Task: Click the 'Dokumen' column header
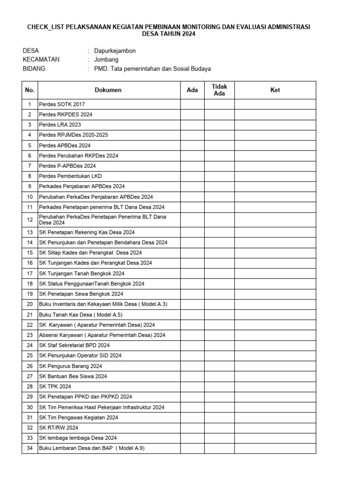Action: pyautogui.click(x=108, y=90)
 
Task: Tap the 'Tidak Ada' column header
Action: pyautogui.click(x=219, y=90)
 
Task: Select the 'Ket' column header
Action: pyautogui.click(x=275, y=90)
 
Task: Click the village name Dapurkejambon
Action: pyautogui.click(x=115, y=51)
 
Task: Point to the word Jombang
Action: pyautogui.click(x=106, y=60)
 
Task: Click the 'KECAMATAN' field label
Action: pyautogui.click(x=41, y=60)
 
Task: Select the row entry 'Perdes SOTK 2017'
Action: pyautogui.click(x=62, y=104)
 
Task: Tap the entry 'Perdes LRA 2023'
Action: pyautogui.click(x=60, y=125)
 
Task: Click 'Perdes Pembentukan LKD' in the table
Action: pyautogui.click(x=70, y=176)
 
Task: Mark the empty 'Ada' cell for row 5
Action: pyautogui.click(x=192, y=145)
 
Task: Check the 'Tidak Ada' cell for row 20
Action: pyautogui.click(x=219, y=304)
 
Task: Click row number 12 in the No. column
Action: pyautogui.click(x=30, y=220)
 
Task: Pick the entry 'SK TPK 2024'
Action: pyautogui.click(x=55, y=387)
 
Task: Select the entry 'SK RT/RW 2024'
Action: pyautogui.click(x=59, y=428)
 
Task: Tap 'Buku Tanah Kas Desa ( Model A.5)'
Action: pyautogui.click(x=81, y=315)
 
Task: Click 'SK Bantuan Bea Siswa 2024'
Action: pyautogui.click(x=73, y=376)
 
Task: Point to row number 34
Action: pyautogui.click(x=30, y=449)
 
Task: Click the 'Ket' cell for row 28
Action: pyautogui.click(x=275, y=387)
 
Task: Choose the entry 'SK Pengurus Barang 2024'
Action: pyautogui.click(x=70, y=366)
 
